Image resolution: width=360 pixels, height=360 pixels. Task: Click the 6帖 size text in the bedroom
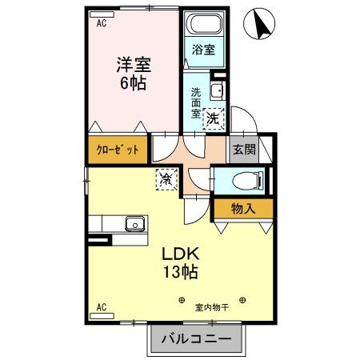pos(132,82)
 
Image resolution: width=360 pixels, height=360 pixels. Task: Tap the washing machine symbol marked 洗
pos(213,118)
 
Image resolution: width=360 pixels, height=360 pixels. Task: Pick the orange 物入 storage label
pos(243,209)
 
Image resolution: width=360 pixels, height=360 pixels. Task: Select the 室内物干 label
pos(212,305)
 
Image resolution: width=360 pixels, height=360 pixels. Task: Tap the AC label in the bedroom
pos(102,24)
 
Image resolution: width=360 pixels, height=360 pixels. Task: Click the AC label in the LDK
pos(102,306)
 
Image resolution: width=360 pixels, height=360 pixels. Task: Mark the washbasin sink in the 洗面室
pos(216,90)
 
